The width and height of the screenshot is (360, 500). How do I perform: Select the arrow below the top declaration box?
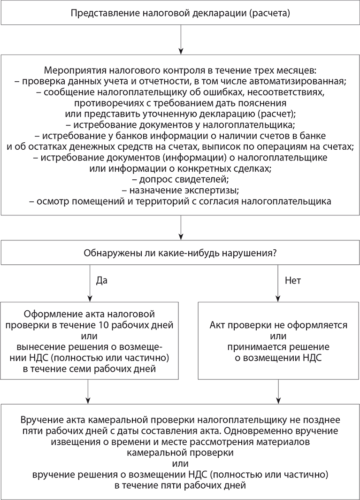pos(180,39)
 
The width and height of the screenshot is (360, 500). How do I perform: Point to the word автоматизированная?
pos(305,81)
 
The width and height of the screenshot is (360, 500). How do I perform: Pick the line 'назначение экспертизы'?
pos(180,191)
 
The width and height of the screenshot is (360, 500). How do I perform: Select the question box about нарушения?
pos(180,253)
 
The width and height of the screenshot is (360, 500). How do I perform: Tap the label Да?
pos(102,280)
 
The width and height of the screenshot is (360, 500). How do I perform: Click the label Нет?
pos(293,280)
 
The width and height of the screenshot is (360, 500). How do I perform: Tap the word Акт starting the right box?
pos(217,325)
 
